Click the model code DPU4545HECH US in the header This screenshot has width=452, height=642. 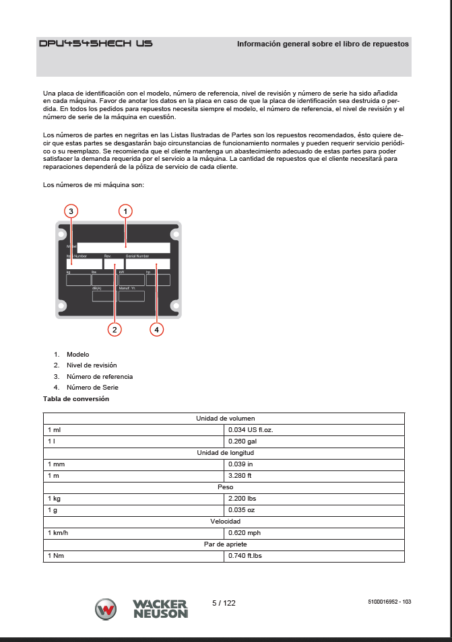[96, 44]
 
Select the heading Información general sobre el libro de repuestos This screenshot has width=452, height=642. [323, 44]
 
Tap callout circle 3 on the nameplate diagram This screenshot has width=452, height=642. [71, 211]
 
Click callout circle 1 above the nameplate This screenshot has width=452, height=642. [125, 211]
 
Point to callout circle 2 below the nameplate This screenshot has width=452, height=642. [115, 329]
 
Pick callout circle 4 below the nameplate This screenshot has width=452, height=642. [156, 329]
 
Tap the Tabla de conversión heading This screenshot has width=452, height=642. [76, 399]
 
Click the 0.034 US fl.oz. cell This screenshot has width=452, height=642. [251, 429]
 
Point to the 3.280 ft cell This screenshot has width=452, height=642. [240, 476]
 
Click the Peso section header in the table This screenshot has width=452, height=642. [224, 487]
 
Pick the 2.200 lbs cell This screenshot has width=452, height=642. [243, 499]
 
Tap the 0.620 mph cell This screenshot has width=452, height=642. [245, 533]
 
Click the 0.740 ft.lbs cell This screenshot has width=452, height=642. [245, 556]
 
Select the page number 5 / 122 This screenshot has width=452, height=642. [224, 603]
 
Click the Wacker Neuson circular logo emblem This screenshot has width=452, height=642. [106, 609]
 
